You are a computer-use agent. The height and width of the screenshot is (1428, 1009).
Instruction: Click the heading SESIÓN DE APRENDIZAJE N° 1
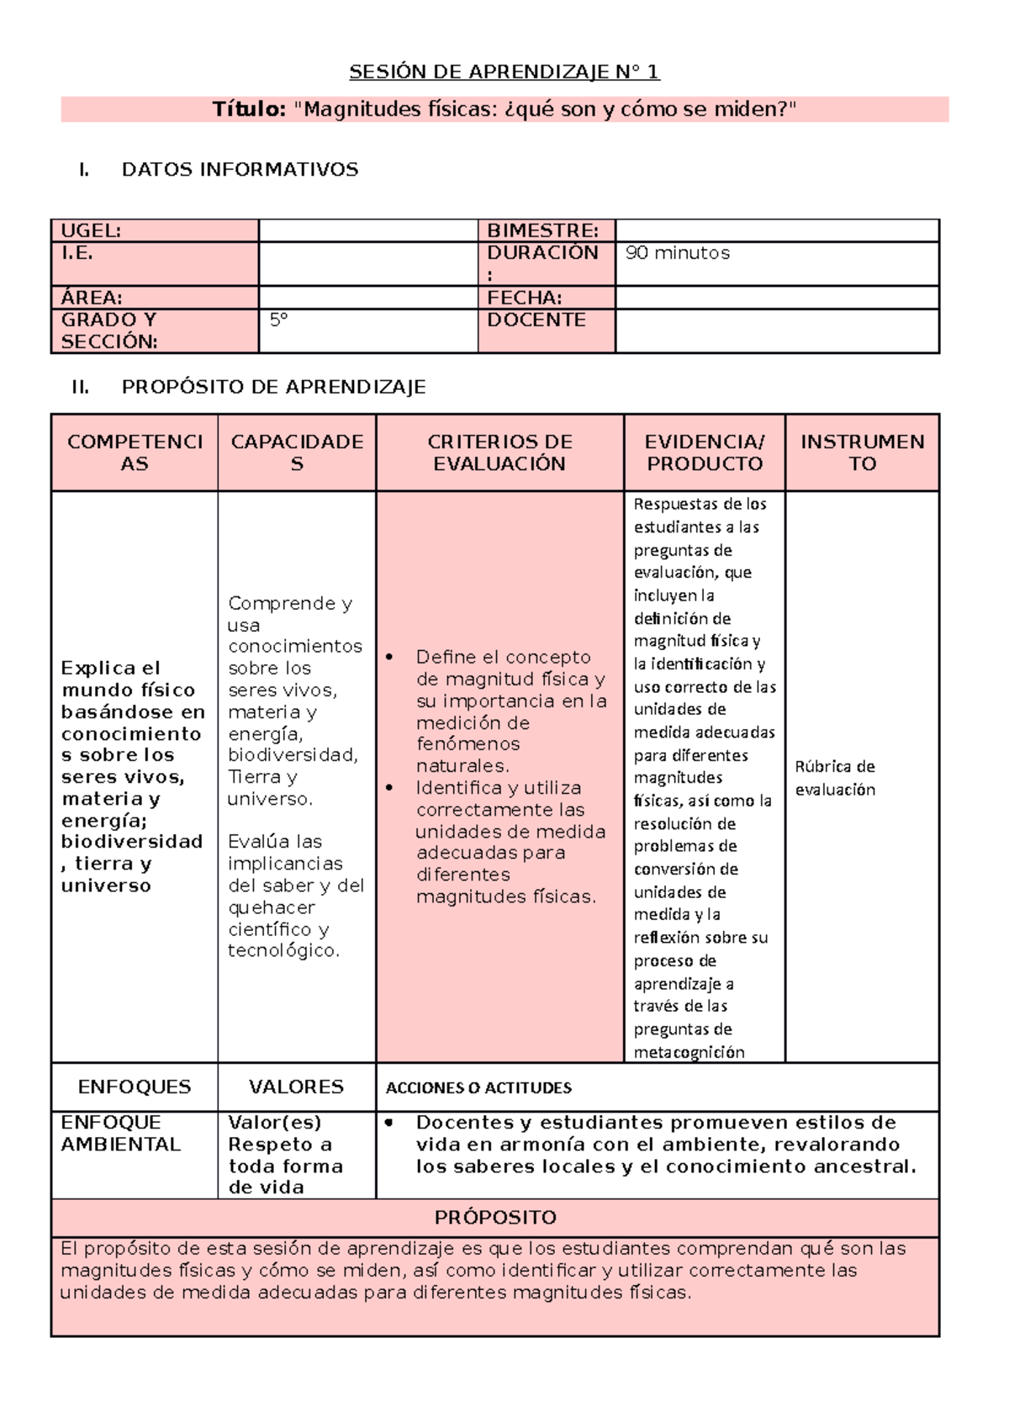click(x=504, y=71)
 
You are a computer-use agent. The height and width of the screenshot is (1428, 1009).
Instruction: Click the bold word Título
click(x=249, y=109)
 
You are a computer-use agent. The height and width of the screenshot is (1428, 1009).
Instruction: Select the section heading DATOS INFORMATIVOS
click(x=240, y=169)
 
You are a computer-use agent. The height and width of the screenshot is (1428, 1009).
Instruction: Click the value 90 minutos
click(x=678, y=253)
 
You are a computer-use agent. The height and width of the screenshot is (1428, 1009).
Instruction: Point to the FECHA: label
click(x=525, y=298)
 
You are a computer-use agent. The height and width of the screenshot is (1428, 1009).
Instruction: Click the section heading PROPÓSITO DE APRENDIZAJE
click(x=273, y=387)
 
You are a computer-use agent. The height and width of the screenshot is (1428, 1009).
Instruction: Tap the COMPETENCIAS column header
click(x=135, y=452)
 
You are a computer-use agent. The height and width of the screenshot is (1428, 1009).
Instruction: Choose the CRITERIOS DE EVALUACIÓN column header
click(x=499, y=452)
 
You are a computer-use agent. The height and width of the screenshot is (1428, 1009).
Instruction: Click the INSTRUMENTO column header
click(x=862, y=452)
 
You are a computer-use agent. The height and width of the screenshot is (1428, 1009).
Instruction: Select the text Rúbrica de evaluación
click(x=835, y=778)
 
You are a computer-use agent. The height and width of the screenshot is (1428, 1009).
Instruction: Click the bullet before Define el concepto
click(x=389, y=657)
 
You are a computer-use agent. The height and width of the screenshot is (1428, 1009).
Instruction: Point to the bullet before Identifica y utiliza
click(x=389, y=788)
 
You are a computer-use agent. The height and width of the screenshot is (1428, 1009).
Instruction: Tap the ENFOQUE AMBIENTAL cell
click(x=120, y=1133)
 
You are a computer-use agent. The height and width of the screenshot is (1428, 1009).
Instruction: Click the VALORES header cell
click(x=296, y=1087)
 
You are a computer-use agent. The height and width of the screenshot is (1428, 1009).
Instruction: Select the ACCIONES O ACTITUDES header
click(x=478, y=1087)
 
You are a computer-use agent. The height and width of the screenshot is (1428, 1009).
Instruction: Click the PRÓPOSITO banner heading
click(x=495, y=1217)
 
